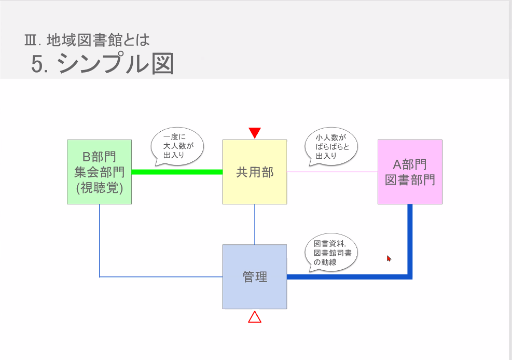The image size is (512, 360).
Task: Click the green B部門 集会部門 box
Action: point(99,172)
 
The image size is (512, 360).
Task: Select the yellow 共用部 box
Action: point(254,172)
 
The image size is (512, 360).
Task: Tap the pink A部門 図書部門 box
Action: point(410,172)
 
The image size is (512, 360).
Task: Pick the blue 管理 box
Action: point(254,276)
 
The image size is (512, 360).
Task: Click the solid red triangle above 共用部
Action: point(254,133)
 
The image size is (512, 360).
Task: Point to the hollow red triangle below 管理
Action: point(254,317)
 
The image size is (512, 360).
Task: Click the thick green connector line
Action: point(176,172)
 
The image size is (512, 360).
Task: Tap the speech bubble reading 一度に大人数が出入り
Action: point(177,146)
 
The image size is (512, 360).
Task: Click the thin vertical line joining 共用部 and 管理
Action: point(255,224)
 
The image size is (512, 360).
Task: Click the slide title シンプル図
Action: point(115,64)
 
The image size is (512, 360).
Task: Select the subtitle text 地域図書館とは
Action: point(98,39)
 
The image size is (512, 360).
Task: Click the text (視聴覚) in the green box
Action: point(99,188)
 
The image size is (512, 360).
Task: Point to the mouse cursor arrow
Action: point(389,258)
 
